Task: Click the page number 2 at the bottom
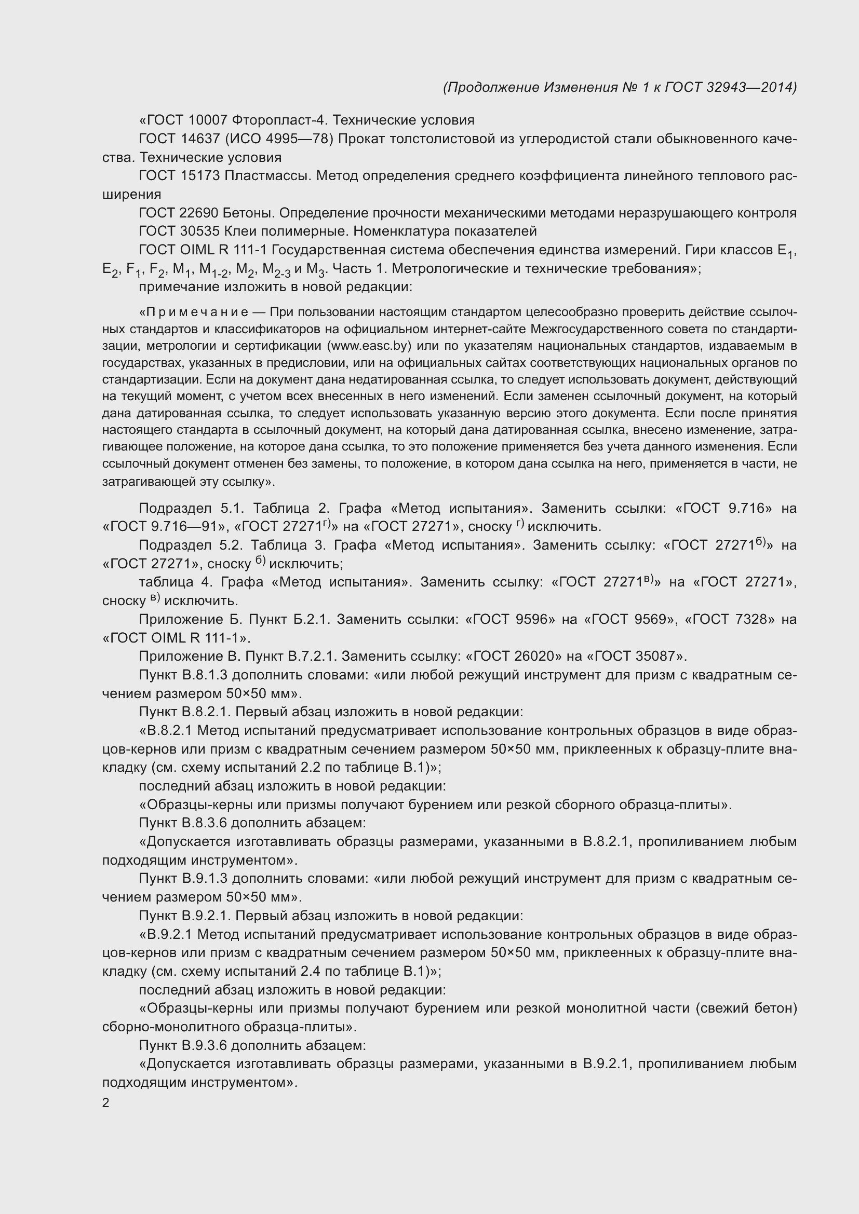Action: [106, 1103]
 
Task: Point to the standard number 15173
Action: [200, 176]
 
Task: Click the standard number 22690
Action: [200, 213]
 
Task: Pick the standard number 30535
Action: [200, 231]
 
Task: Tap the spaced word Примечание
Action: [197, 313]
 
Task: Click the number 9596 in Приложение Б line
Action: [535, 619]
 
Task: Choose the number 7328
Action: [751, 619]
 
